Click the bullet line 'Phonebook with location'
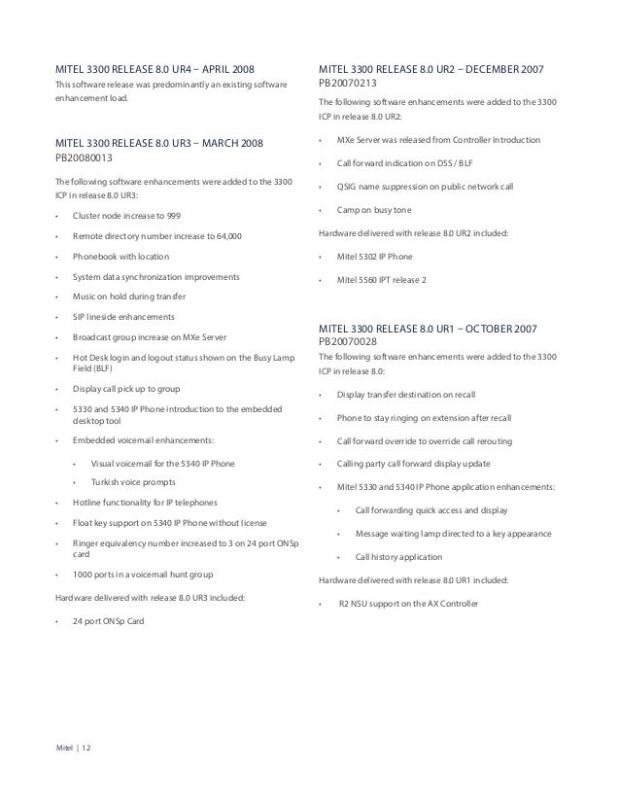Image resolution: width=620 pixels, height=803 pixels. tap(121, 257)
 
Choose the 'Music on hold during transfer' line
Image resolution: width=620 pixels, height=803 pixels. tap(128, 297)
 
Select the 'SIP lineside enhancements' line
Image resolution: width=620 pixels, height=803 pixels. tap(123, 317)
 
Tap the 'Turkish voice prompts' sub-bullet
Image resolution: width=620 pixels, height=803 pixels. tap(135, 482)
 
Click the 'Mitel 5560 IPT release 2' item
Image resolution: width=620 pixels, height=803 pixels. tap(388, 280)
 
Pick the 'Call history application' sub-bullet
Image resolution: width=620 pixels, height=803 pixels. tap(398, 557)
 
